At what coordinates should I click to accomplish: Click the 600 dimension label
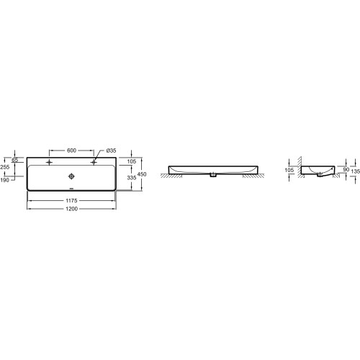tap(71, 150)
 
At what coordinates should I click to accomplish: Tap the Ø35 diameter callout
tap(111, 150)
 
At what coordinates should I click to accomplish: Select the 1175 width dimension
tap(71, 200)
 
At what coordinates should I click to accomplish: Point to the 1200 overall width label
tap(71, 209)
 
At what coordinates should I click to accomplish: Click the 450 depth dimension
tap(142, 174)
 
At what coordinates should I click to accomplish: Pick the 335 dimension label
tap(132, 178)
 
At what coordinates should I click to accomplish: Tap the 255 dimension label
tap(5, 167)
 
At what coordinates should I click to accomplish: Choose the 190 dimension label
tap(5, 180)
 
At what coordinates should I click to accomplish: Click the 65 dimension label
tap(15, 160)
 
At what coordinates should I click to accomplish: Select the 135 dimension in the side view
tap(356, 171)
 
